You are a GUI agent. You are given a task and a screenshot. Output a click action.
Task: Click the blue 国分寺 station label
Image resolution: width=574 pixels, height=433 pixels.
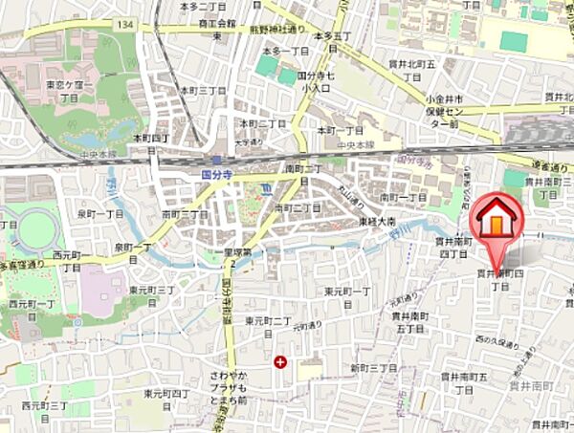pos(217,176)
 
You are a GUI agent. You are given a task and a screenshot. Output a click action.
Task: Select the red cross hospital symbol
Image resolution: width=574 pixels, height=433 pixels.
pos(279,362)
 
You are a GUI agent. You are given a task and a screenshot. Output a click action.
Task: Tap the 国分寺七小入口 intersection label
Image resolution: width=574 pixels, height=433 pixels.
pos(317,80)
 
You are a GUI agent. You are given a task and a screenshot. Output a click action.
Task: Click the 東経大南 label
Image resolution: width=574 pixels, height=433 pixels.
pos(379,221)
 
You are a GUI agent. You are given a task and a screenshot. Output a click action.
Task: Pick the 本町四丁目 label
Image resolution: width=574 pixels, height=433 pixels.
pos(150,142)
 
